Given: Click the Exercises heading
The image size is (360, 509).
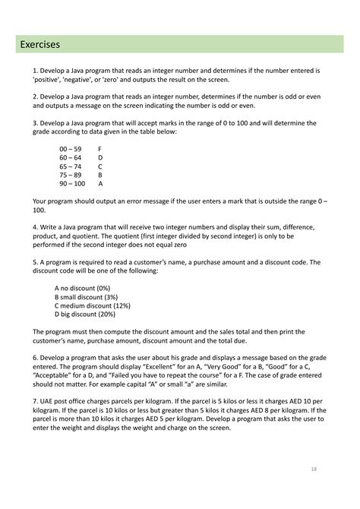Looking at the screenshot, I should [x=41, y=45].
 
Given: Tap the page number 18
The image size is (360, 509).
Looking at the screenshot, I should [x=313, y=469].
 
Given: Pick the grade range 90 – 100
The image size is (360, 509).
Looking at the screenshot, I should [x=72, y=183].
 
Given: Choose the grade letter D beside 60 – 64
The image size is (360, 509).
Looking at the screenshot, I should [x=101, y=156].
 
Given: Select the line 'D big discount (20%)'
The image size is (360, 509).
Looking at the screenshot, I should [x=85, y=315].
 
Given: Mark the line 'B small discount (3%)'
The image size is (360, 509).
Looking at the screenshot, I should [x=87, y=297].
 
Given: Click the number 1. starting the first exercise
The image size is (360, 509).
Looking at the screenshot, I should [x=36, y=70].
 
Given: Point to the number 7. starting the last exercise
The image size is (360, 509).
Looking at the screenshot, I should [x=36, y=401].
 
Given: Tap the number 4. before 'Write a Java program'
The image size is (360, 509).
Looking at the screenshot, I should [x=36, y=227].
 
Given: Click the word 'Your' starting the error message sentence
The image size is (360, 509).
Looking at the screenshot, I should [x=40, y=201].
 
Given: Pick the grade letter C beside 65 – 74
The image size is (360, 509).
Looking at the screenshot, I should [x=100, y=166].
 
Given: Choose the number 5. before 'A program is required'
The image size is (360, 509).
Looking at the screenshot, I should [x=36, y=262].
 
